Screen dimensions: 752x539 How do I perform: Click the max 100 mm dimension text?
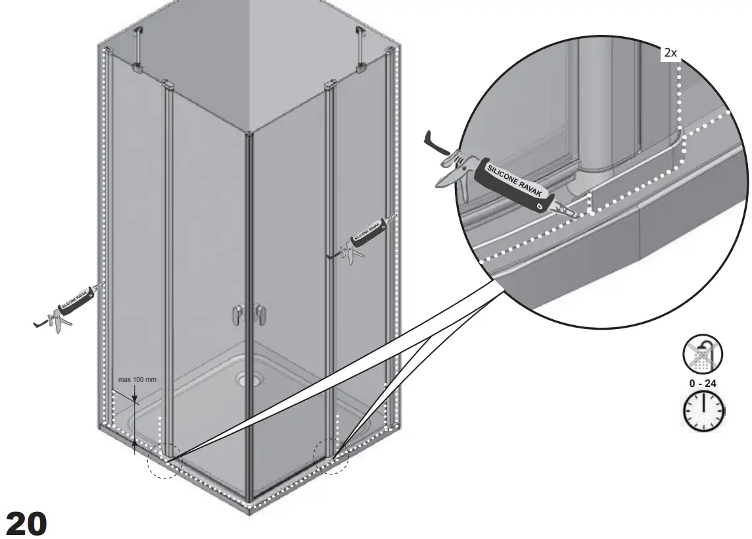pos(137,380)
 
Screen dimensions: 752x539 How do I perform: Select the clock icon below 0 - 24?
pos(703,412)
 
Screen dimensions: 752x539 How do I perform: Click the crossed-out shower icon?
pos(702,356)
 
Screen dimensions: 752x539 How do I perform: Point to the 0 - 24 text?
pos(703,383)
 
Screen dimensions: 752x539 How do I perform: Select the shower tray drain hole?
pos(249,378)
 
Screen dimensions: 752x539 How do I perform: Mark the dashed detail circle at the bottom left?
pos(164,459)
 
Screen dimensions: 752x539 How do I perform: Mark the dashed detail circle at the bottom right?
pos(331,455)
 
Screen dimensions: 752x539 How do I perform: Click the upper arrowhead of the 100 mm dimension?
pos(135,400)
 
